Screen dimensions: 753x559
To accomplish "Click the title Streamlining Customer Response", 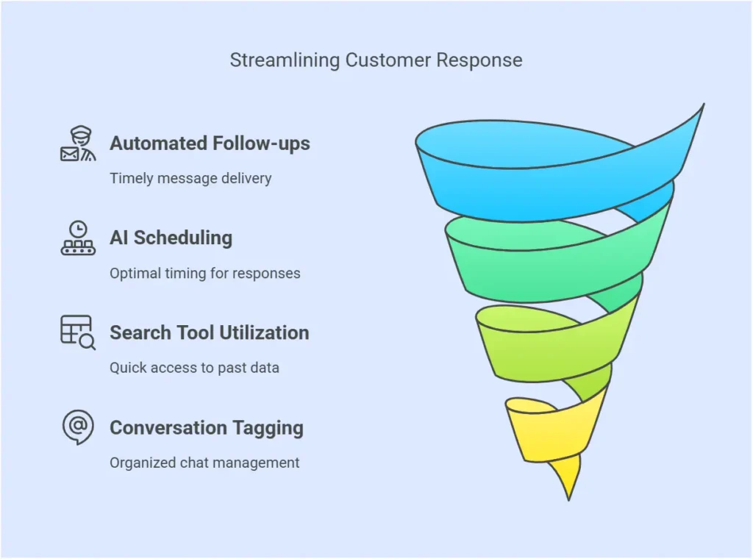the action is tap(376, 60).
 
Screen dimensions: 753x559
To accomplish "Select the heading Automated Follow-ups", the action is tap(210, 143).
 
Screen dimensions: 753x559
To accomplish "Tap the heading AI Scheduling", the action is tap(171, 238).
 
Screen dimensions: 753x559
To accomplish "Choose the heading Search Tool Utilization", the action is tap(210, 332).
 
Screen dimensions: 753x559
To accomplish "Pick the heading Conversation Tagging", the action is tap(207, 428).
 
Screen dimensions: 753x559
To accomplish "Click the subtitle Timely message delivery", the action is tap(190, 178).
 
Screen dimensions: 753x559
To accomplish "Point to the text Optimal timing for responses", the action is tap(205, 274).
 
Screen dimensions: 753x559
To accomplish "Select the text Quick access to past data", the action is tap(194, 367).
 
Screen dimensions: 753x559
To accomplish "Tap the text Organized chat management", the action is tap(204, 463).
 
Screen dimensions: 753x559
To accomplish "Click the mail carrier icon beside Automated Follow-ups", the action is tap(78, 143).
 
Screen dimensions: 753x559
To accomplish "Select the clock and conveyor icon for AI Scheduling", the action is tap(78, 238).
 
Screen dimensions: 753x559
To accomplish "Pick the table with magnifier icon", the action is tap(78, 332).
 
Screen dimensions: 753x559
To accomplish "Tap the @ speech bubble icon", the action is tap(78, 427).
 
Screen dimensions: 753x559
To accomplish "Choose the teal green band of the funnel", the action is tap(547, 274).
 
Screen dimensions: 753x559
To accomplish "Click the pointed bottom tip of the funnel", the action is tap(569, 499).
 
